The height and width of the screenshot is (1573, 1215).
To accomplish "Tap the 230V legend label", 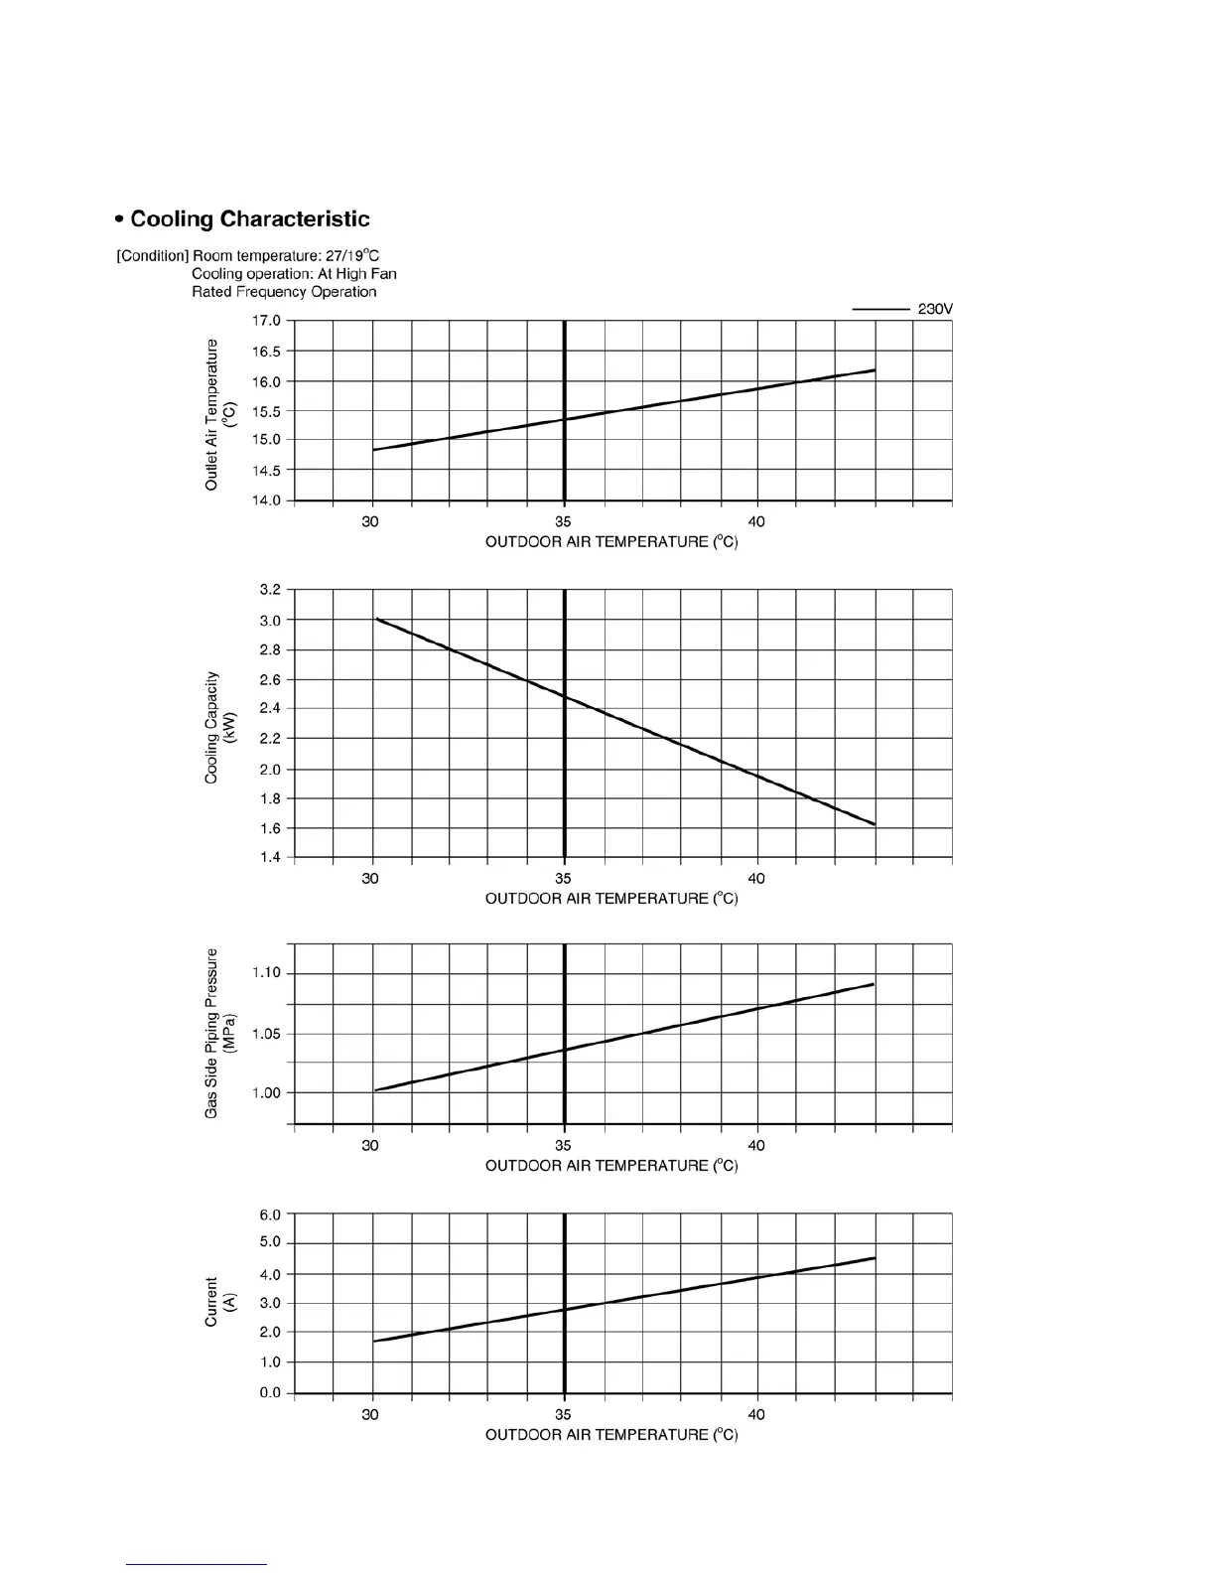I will (934, 310).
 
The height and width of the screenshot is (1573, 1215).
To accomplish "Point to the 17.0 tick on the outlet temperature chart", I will (269, 321).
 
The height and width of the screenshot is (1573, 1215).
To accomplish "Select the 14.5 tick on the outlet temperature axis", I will (269, 470).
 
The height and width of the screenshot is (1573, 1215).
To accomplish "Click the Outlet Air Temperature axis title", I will (219, 413).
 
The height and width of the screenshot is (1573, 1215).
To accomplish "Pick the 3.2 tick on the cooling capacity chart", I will (270, 590).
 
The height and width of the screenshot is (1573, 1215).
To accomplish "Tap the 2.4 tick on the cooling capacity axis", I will (270, 709).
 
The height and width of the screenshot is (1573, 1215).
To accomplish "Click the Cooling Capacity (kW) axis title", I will (219, 725).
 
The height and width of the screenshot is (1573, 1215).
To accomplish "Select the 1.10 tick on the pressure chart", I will (266, 973).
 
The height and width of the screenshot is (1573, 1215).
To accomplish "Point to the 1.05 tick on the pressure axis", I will (266, 1034).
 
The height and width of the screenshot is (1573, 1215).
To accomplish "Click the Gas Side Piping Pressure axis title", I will (219, 1033).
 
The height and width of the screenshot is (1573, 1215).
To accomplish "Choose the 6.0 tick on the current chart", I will (270, 1215).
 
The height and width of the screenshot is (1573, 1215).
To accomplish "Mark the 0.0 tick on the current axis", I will (270, 1392).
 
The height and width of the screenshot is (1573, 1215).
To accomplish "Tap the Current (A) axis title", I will (219, 1302).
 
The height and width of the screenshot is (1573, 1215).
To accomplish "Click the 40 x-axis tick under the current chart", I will (756, 1414).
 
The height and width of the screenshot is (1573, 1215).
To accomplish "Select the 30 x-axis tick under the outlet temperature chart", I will (370, 521).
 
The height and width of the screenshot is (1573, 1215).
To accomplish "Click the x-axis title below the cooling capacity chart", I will (611, 899).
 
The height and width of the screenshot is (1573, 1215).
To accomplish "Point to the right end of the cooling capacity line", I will (874, 824).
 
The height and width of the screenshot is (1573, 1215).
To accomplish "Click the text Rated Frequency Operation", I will (284, 292).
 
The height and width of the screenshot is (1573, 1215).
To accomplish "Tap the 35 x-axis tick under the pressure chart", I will (563, 1145).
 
